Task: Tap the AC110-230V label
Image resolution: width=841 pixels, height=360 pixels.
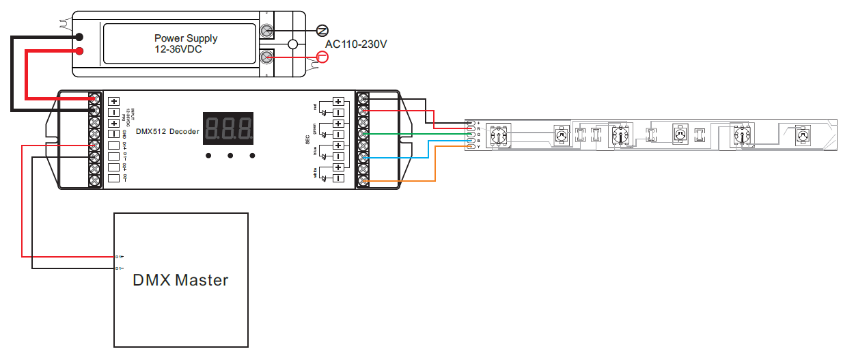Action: [356, 44]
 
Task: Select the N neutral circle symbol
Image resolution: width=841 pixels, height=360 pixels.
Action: [322, 31]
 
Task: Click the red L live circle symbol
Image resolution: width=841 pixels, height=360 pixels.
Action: [322, 57]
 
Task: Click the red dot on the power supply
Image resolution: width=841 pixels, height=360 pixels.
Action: [80, 51]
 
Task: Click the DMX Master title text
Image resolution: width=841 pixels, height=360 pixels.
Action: [180, 279]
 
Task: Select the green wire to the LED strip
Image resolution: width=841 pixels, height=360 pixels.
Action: [410, 134]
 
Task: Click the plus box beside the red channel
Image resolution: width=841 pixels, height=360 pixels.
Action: [338, 102]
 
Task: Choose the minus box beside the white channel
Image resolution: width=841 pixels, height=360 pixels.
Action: [338, 179]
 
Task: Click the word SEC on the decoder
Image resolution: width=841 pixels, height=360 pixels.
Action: [308, 139]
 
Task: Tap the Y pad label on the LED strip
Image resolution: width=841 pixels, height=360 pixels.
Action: [478, 147]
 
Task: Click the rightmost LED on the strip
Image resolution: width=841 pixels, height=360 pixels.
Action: [803, 135]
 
